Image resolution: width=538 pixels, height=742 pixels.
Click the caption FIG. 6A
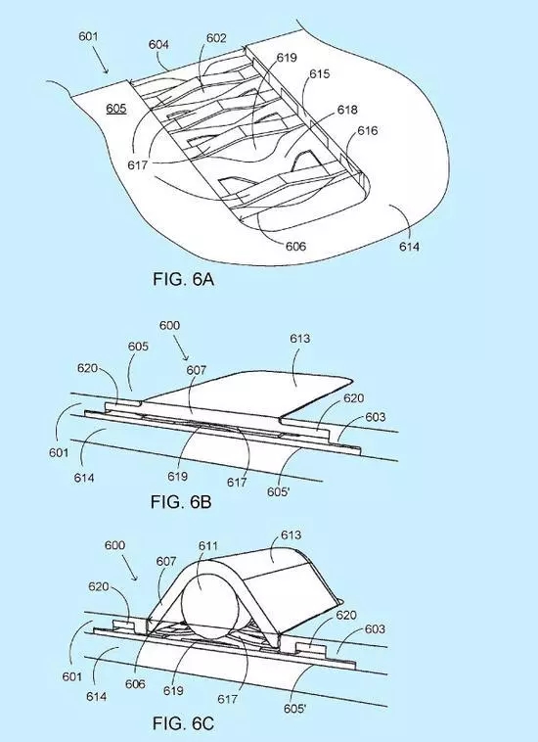184,279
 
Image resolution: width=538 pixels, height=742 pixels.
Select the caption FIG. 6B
181,501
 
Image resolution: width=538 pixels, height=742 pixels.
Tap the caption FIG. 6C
183,723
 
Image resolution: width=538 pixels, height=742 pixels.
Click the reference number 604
158,44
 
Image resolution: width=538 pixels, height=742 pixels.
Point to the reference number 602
216,38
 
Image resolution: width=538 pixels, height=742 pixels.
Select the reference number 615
320,74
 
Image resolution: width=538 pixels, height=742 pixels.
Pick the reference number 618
347,110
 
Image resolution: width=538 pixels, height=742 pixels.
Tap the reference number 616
367,131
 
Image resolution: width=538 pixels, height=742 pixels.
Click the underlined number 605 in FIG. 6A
115,109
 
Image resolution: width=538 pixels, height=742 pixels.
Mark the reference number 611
208,546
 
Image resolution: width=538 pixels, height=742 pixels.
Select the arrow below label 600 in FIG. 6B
181,348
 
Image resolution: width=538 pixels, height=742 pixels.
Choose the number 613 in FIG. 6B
300,339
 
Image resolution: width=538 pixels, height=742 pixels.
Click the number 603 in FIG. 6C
375,628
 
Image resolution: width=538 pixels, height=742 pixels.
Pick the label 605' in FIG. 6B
278,492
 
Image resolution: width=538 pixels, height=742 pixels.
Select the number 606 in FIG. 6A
295,246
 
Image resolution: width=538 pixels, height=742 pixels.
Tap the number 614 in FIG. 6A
409,247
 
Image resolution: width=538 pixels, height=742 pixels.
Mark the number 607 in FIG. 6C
166,562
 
